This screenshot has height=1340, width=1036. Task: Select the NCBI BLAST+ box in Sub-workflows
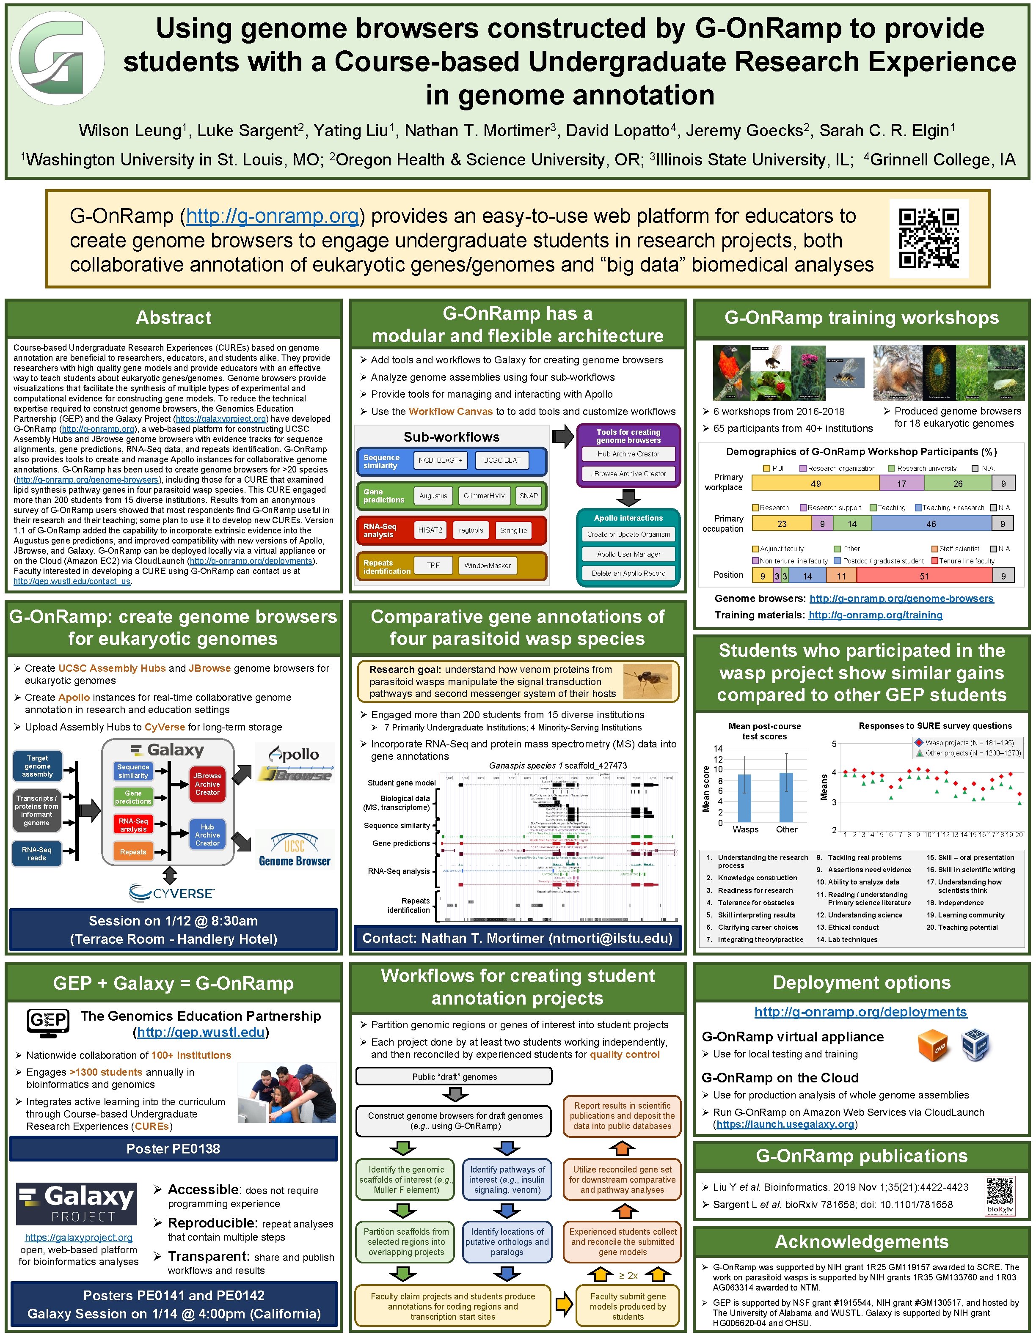tap(440, 460)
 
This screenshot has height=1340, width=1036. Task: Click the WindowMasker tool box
tap(487, 565)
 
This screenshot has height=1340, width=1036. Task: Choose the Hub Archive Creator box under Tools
tap(628, 454)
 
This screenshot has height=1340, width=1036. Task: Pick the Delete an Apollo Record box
tap(628, 573)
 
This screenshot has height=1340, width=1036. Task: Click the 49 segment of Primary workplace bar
tap(815, 483)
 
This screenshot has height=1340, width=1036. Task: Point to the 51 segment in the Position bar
tap(924, 576)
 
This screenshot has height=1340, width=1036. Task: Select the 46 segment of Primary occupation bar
tap(931, 523)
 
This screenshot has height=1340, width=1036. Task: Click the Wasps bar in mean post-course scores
tap(744, 798)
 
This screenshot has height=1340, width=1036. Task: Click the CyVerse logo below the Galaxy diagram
tap(171, 893)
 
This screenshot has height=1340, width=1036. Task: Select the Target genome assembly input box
tap(37, 766)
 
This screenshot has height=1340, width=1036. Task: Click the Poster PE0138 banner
tap(173, 1148)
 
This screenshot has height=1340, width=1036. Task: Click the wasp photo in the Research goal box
tap(647, 681)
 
